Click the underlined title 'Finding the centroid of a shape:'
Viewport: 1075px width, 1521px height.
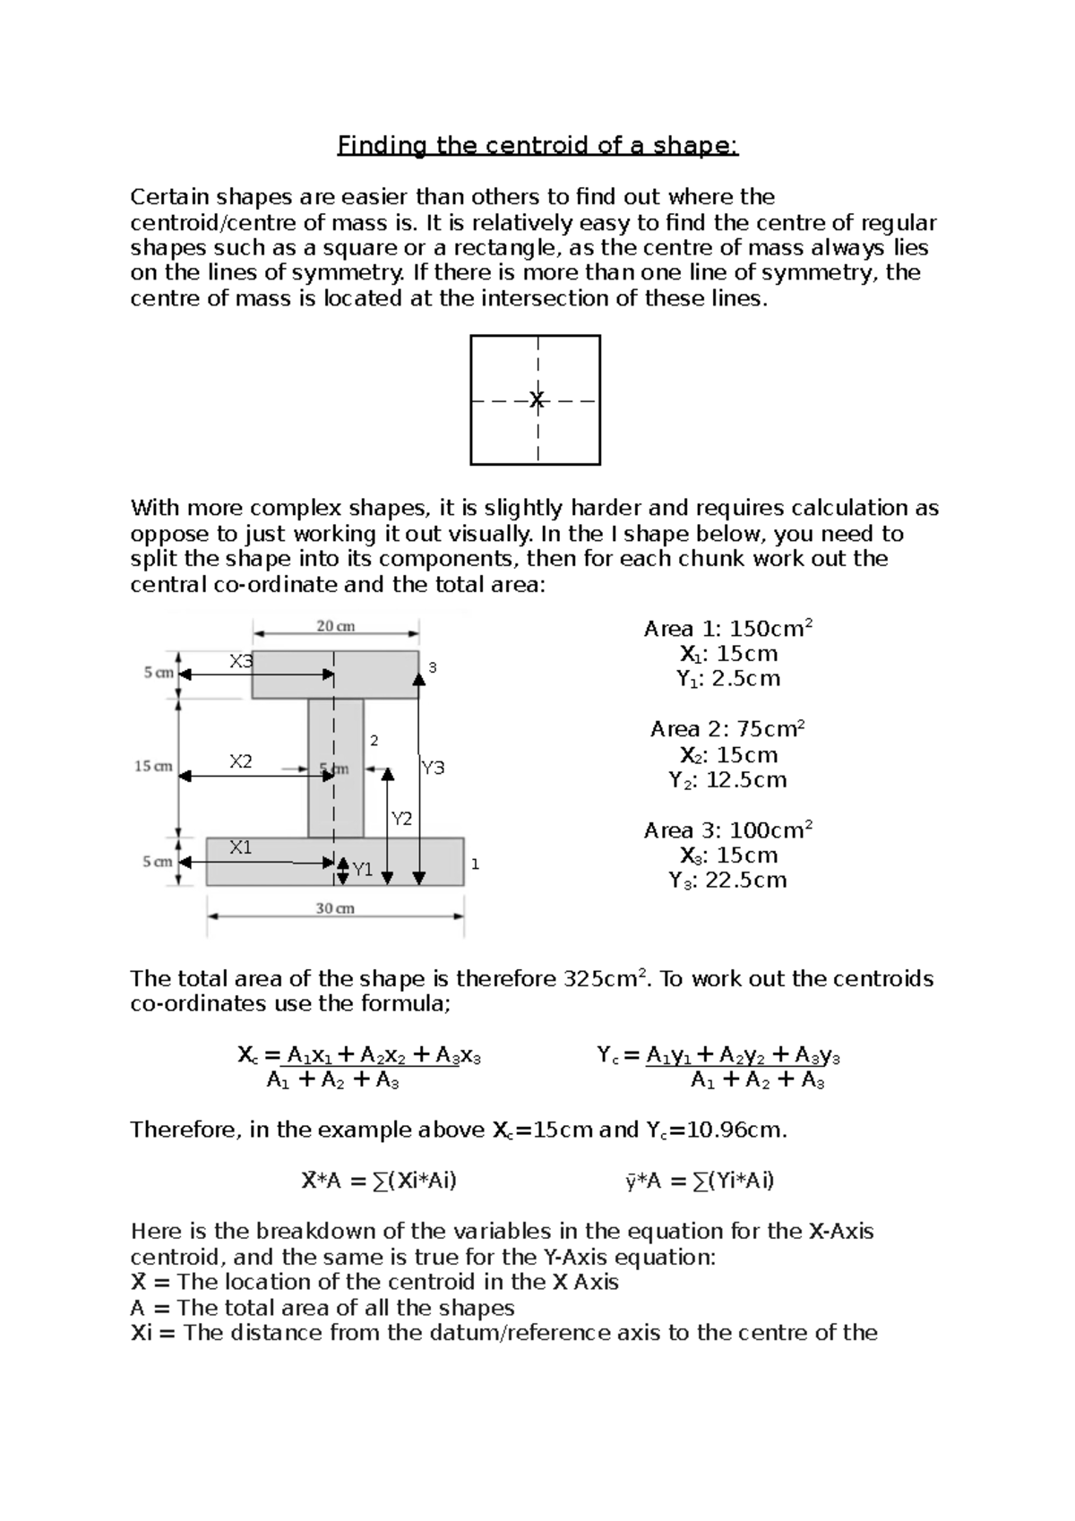[x=537, y=145]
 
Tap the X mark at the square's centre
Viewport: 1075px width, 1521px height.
[x=537, y=400]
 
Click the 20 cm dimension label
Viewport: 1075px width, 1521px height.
[x=336, y=627]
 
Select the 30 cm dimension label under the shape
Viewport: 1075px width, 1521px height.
[x=335, y=908]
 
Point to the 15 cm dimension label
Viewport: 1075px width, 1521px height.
[x=153, y=767]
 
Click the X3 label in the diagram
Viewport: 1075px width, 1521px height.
[x=241, y=661]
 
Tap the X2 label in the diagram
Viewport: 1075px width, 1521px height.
[x=240, y=761]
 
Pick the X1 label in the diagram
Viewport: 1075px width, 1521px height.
[x=240, y=846]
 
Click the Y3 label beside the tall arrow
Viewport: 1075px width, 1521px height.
[x=433, y=768]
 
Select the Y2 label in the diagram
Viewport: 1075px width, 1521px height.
[x=401, y=819]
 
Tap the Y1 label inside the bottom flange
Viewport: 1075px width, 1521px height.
[x=362, y=869]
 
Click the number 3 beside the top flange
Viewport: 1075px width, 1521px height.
[x=433, y=667]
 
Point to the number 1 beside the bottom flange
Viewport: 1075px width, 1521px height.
[x=475, y=864]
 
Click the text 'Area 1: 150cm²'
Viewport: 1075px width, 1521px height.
[x=727, y=629]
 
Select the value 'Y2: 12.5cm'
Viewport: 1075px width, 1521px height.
[x=727, y=780]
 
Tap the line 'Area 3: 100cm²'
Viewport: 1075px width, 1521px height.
[x=727, y=830]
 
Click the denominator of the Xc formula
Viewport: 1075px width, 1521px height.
[x=332, y=1081]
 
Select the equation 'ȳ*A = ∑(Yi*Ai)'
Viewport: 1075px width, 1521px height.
[x=700, y=1181]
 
